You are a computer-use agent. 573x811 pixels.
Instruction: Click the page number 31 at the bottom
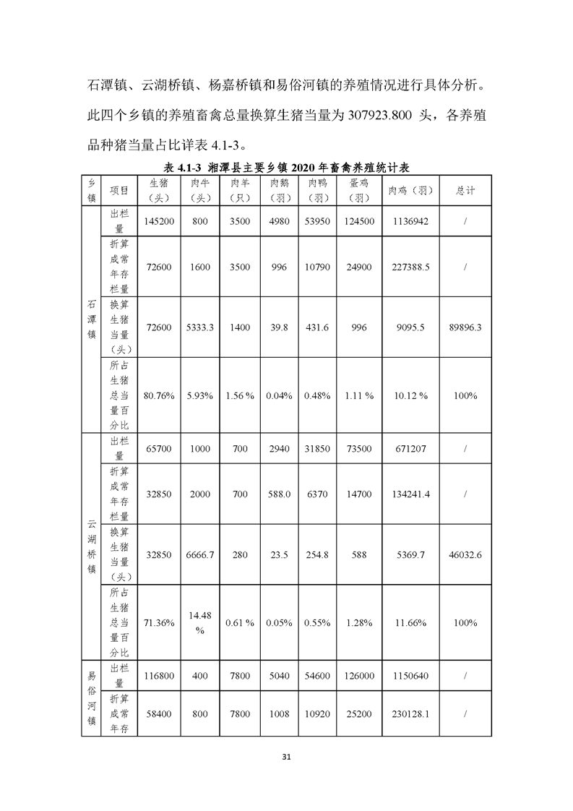(x=286, y=757)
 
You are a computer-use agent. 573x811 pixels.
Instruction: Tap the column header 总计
(x=465, y=191)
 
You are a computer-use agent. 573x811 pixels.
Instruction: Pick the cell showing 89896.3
(x=465, y=327)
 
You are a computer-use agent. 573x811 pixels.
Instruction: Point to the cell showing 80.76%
(x=158, y=395)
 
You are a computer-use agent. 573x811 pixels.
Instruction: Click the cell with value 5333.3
(x=200, y=327)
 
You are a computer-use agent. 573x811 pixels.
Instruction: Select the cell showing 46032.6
(x=465, y=554)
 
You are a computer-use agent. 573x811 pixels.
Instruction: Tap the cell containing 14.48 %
(x=200, y=622)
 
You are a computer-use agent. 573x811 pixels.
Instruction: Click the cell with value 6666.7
(x=200, y=554)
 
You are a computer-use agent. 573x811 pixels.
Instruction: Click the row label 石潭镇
(x=91, y=320)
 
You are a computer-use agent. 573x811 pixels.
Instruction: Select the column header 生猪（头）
(x=158, y=191)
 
